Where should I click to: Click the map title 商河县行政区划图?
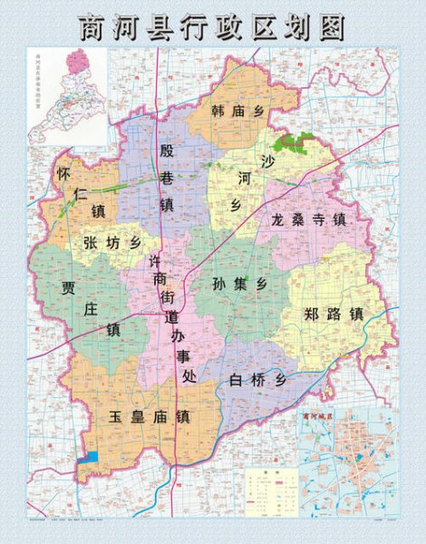213,26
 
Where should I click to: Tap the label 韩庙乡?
237,111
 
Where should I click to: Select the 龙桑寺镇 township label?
308,219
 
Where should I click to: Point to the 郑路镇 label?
333,315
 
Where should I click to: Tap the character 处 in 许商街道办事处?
188,375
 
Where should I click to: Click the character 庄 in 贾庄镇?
90,308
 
